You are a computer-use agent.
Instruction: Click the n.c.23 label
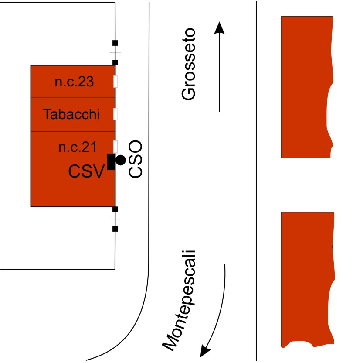coord(74,82)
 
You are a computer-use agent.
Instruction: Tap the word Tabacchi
coord(72,115)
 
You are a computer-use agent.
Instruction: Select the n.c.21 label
coord(77,147)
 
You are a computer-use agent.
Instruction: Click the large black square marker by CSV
coord(111,162)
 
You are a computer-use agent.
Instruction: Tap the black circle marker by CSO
coord(120,160)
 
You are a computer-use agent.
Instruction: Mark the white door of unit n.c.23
coord(116,81)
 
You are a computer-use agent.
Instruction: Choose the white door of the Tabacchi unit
coord(116,114)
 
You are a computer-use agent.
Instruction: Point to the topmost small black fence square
coord(115,43)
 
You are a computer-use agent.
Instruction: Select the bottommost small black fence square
coord(115,229)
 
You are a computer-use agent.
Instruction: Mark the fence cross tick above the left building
coord(115,53)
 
